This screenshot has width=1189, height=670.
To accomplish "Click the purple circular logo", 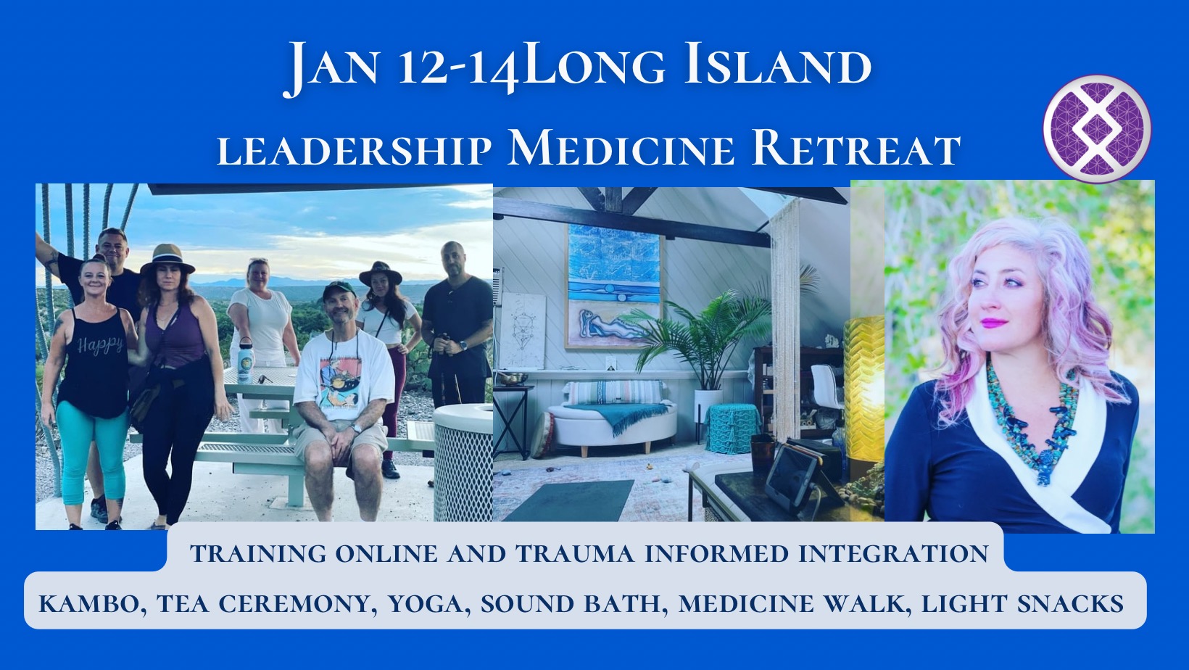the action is coord(1097,128).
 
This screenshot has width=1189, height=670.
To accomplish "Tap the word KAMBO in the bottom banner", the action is coord(93,604).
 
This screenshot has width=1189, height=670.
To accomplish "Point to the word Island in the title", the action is coord(777,67).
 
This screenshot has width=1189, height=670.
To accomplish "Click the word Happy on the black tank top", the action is coord(100,345).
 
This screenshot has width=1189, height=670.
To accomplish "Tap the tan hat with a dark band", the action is coord(167,260).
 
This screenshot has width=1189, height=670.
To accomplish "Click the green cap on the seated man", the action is coord(339,290).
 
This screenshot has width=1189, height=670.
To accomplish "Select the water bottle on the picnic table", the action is coord(245,360).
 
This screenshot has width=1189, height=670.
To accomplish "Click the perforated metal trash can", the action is coord(463,463).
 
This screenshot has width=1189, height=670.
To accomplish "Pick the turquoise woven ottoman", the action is coord(732,428).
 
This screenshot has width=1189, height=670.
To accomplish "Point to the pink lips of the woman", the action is coord(993,322).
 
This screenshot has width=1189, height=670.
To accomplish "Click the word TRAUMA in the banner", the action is coord(576,554).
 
